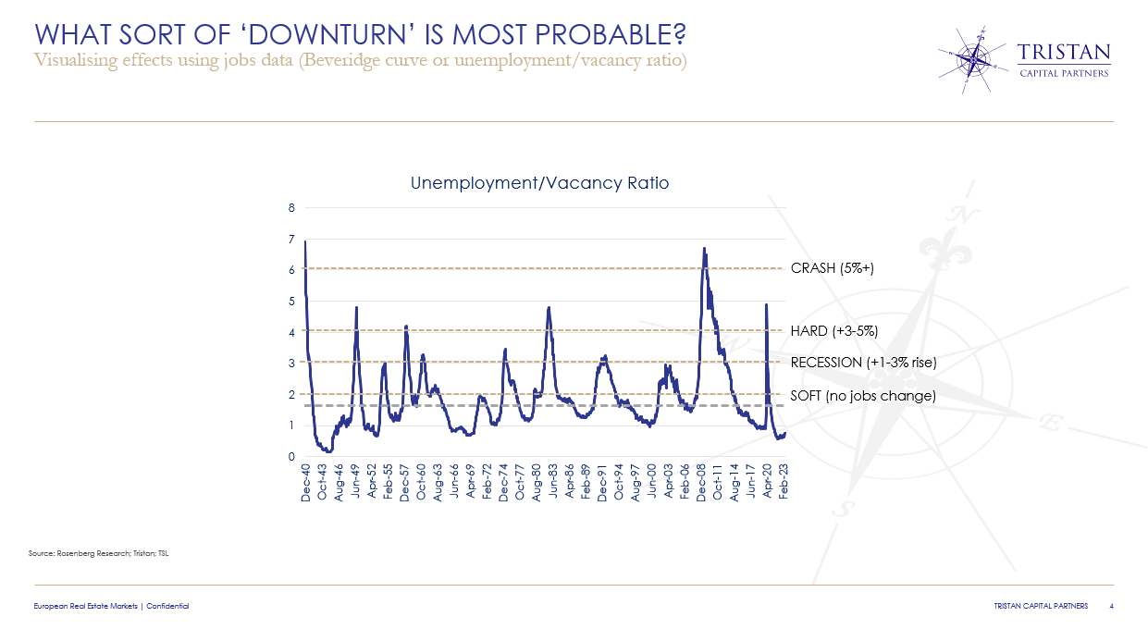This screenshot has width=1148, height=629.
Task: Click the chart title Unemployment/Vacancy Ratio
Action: click(x=539, y=183)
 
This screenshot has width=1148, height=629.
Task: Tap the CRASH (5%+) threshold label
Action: click(x=832, y=268)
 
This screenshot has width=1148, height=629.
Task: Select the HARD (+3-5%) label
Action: click(x=833, y=330)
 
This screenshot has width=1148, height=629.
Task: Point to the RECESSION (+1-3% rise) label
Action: click(x=863, y=363)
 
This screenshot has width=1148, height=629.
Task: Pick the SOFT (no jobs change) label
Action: click(x=863, y=395)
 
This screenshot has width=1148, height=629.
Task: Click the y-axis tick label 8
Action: click(x=291, y=208)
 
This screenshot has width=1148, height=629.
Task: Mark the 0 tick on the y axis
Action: click(x=291, y=457)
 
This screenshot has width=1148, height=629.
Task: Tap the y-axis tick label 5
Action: click(x=291, y=302)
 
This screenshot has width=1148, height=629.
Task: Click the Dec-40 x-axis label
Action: click(x=306, y=484)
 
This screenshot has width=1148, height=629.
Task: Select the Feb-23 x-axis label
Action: click(x=784, y=484)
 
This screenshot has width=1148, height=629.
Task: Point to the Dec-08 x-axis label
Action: click(x=701, y=484)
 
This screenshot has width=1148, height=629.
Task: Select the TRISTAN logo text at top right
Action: click(x=1063, y=52)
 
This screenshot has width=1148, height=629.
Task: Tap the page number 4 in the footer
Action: click(x=1110, y=606)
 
